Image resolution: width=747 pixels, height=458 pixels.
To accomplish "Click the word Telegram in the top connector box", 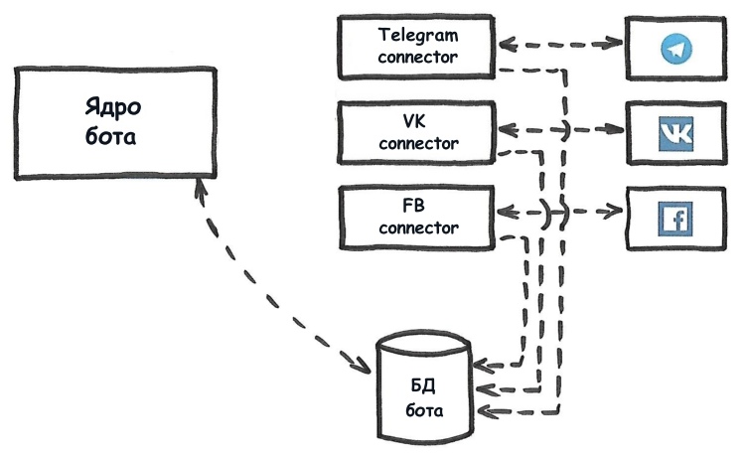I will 418,34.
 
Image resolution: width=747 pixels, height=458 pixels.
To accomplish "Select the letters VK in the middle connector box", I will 418,120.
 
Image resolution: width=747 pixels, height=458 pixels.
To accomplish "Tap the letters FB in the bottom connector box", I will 418,206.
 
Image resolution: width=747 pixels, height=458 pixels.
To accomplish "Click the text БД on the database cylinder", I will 423,384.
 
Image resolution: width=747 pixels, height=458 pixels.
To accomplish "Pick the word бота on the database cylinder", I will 423,408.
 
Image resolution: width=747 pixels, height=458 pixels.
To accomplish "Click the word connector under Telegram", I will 418,57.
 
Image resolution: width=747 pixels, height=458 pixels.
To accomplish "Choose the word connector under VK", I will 418,143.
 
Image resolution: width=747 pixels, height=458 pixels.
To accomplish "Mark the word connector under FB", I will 418,229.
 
